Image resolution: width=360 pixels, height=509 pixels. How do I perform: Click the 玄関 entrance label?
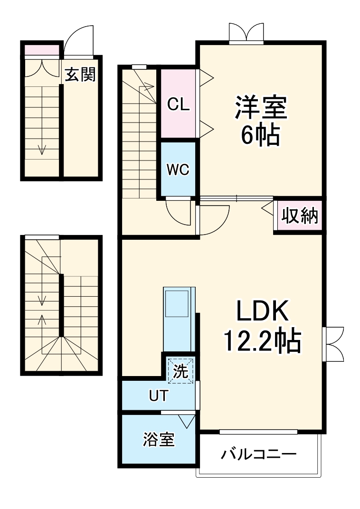pos(80,75)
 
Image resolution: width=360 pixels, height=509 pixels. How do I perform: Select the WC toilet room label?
pos(178,170)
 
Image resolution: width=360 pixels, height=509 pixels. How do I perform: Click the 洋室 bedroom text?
pos(261,108)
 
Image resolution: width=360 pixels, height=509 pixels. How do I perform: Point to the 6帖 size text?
pos(260,136)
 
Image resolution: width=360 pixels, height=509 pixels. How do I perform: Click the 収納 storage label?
pos(300,216)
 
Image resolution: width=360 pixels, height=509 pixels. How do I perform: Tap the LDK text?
pos(263,312)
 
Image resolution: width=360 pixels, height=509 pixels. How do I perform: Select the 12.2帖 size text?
pos(262,340)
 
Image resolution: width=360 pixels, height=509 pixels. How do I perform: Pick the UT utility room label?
pos(158,396)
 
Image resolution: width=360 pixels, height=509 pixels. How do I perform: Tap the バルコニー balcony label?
pos(258,454)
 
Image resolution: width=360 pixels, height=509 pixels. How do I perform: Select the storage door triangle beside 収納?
pos(267,207)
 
